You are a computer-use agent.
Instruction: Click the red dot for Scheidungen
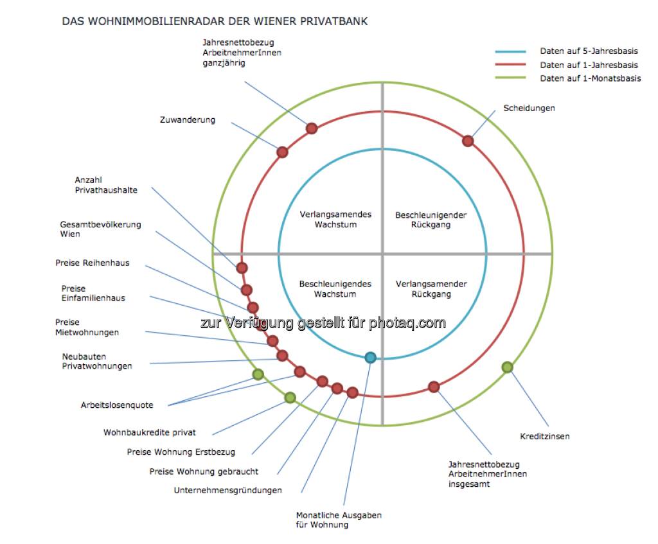click(468, 141)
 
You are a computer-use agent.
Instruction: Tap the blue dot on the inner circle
click(370, 358)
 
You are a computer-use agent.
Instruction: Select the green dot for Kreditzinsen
click(507, 367)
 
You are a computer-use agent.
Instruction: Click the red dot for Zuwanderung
click(282, 152)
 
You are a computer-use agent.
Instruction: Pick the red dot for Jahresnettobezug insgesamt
click(434, 387)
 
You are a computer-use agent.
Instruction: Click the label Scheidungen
click(529, 108)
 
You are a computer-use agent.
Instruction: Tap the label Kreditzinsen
click(545, 437)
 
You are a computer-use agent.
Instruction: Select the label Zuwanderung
click(188, 120)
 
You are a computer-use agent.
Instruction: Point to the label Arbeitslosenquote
click(117, 405)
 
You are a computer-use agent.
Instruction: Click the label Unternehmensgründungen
click(227, 491)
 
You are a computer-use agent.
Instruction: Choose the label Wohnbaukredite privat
click(150, 433)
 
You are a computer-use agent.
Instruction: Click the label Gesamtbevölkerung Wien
click(100, 229)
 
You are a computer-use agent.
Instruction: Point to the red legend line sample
click(510, 65)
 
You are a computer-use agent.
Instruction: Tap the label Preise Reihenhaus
click(92, 263)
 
